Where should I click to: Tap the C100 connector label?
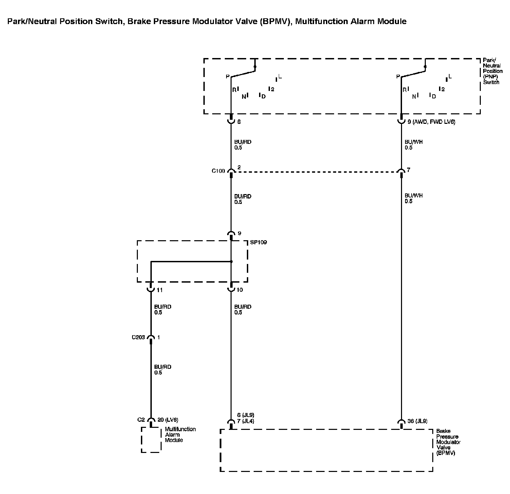pyautogui.click(x=218, y=171)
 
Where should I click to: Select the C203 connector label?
pyautogui.click(x=138, y=338)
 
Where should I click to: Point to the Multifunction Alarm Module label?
pyautogui.click(x=180, y=435)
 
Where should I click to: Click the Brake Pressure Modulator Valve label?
pyautogui.click(x=448, y=442)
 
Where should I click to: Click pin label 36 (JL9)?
pyautogui.click(x=417, y=421)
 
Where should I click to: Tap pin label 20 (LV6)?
pyautogui.click(x=168, y=420)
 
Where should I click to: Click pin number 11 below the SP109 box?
pyautogui.click(x=160, y=290)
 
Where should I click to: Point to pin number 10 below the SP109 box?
pyautogui.click(x=240, y=290)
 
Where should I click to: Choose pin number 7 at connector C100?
pyautogui.click(x=408, y=170)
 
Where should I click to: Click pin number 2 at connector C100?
pyautogui.click(x=239, y=168)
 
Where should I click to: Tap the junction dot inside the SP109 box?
pyautogui.click(x=231, y=262)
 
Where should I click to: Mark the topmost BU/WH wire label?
pyautogui.click(x=414, y=142)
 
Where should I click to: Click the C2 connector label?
pyautogui.click(x=141, y=420)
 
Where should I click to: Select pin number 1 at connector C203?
pyautogui.click(x=159, y=337)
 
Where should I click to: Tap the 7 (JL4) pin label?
pyautogui.click(x=246, y=421)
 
